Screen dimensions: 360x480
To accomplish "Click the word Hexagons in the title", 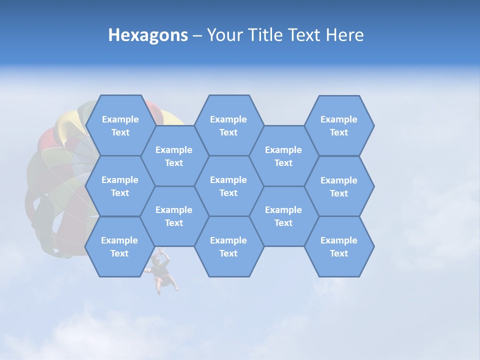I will (148, 35).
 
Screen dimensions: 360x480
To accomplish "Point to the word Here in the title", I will (344, 35).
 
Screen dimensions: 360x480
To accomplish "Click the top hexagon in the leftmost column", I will (120, 125).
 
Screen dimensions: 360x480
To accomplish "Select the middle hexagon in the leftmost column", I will (120, 186).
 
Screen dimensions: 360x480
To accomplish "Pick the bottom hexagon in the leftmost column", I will (119, 246).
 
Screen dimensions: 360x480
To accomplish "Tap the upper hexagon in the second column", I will (174, 156).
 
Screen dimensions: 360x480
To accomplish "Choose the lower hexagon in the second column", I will (174, 216).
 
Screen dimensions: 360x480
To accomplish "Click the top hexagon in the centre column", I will (228, 125).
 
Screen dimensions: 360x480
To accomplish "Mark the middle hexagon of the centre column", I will (228, 186).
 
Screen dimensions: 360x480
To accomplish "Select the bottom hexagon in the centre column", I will (228, 246).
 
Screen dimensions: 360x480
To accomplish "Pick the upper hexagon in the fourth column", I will (283, 156).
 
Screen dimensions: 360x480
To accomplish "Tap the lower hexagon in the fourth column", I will (283, 216).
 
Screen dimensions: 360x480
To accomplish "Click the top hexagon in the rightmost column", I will (339, 125).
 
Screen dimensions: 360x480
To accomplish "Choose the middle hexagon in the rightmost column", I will (339, 186).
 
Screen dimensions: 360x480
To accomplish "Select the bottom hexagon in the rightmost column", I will (339, 246).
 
